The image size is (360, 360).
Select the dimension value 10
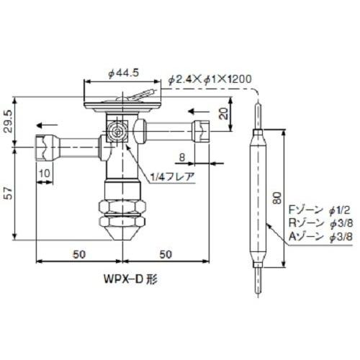(x=45, y=173)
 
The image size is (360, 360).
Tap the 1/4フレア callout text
(x=169, y=176)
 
